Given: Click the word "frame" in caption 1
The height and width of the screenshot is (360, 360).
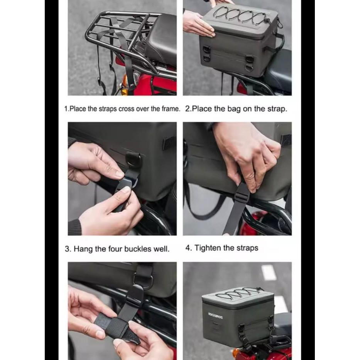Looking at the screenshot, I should coord(169,109).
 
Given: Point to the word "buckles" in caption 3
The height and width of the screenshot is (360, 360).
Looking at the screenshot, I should coord(139,249).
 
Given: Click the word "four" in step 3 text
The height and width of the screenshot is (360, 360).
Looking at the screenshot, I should coord(117,249).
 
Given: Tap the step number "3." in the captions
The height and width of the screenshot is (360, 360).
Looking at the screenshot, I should coord(68,249).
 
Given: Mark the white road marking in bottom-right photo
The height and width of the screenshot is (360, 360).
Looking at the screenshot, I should coord(269,273).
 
